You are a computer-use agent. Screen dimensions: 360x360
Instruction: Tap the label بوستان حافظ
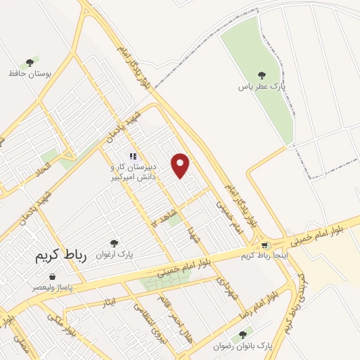[28, 73]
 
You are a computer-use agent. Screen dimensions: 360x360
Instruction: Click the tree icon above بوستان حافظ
[29, 63]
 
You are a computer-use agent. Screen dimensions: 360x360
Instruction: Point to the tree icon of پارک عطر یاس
[262, 75]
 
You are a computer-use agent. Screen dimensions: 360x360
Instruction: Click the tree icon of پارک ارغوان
[116, 243]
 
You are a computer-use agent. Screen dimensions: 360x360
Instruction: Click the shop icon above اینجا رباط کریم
[264, 245]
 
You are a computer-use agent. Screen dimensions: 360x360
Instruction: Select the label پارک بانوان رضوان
[243, 346]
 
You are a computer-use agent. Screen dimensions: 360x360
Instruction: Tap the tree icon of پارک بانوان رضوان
[243, 335]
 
